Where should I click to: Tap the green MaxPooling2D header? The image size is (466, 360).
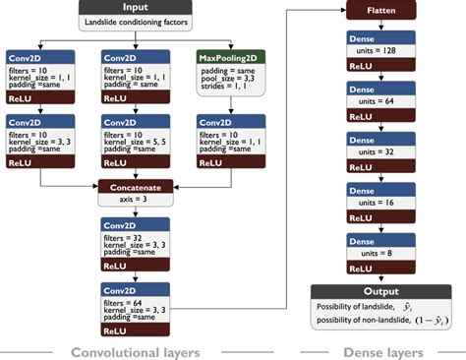click(232, 58)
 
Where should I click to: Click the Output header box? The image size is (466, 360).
click(381, 291)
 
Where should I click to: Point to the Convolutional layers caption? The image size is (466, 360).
click(137, 351)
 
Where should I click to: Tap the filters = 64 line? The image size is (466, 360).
click(128, 303)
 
